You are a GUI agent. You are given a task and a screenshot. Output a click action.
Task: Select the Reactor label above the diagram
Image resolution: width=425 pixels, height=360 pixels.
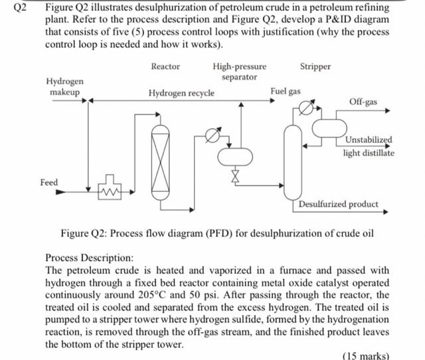click(165, 66)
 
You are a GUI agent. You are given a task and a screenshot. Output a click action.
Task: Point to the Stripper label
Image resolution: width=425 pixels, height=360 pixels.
click(315, 66)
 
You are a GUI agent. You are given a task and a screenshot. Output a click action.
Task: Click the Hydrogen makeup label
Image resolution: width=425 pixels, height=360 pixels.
click(64, 86)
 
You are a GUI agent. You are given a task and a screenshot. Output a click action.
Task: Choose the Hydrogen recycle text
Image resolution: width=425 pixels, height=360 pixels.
click(181, 93)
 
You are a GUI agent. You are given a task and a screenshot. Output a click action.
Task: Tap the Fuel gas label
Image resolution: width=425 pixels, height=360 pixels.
click(286, 90)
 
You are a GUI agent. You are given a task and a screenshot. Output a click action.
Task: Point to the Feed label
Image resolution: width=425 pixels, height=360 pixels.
click(49, 182)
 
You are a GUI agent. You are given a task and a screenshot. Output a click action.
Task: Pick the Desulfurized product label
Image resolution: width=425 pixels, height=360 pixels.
click(338, 204)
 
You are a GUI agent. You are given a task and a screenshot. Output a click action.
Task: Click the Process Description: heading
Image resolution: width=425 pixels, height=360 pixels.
click(89, 256)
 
